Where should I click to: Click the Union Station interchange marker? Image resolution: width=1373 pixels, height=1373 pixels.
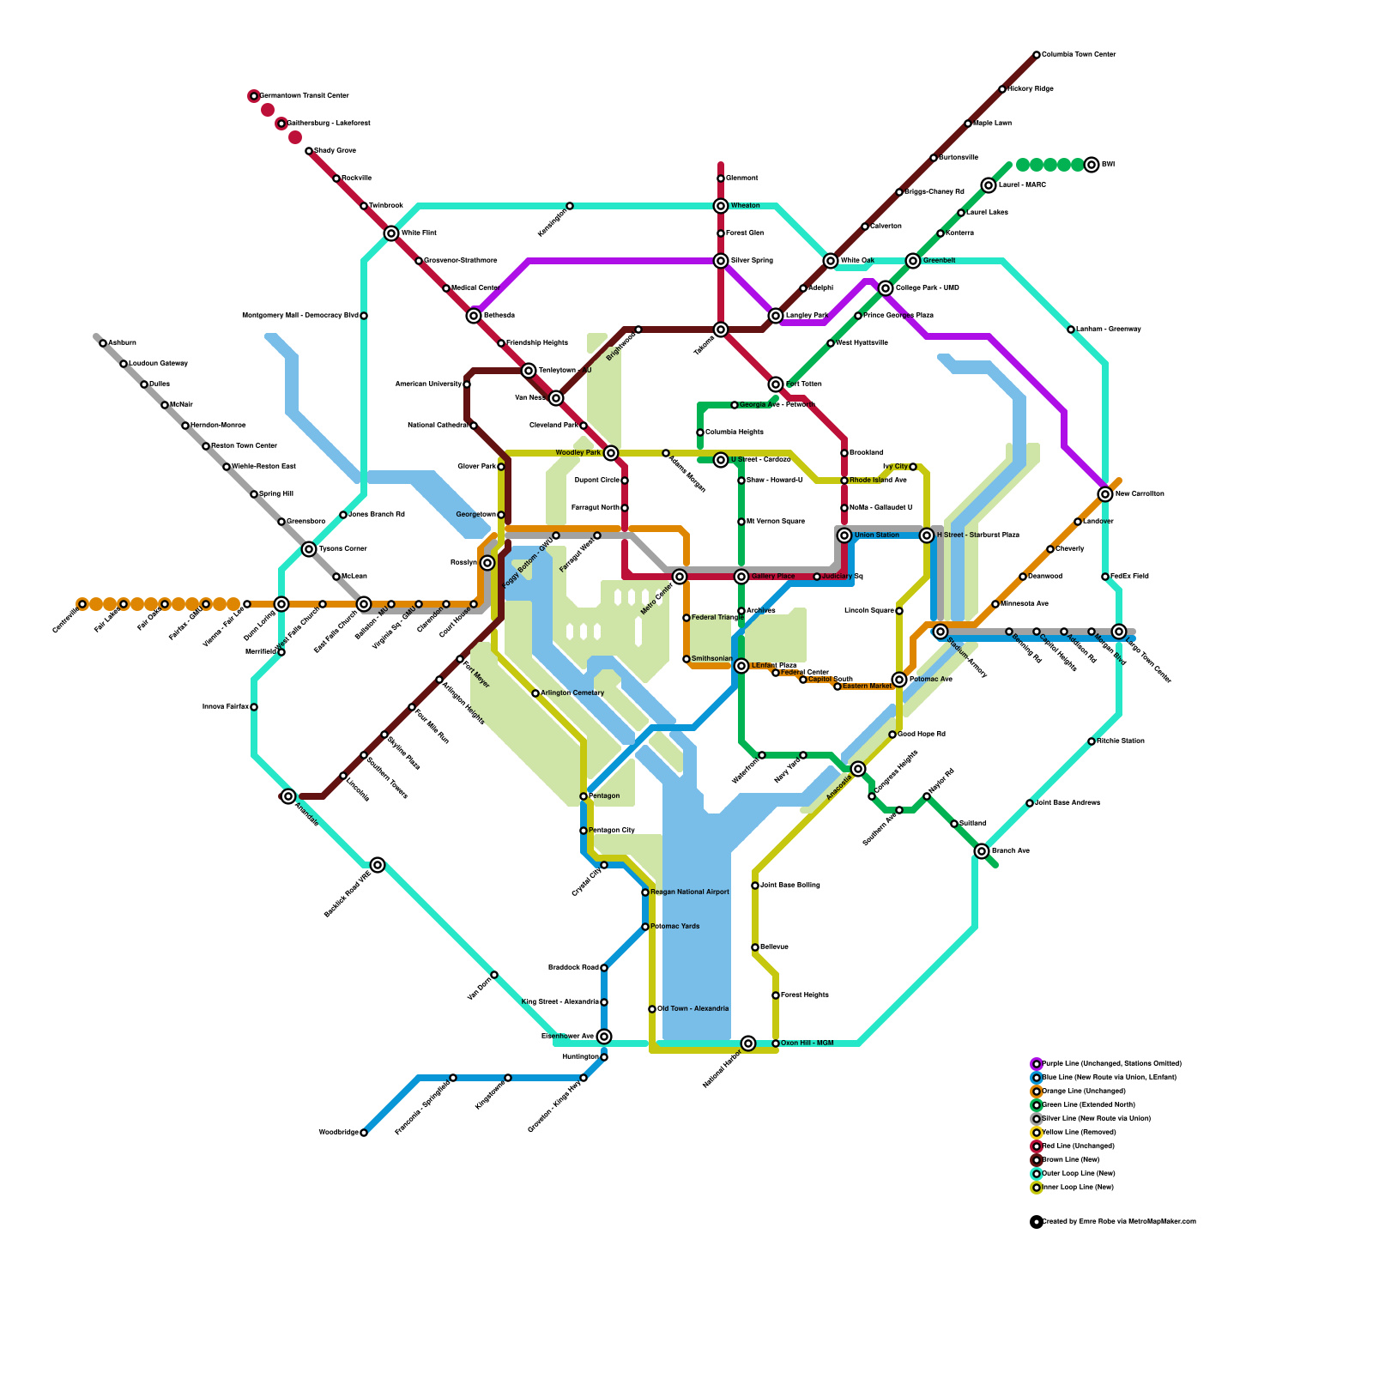point(844,535)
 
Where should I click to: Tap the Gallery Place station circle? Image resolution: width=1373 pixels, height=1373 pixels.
point(741,577)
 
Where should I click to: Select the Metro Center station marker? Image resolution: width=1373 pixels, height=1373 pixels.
point(680,577)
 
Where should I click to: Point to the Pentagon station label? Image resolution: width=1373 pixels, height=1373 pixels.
point(604,796)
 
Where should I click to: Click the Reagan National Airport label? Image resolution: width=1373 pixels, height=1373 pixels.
point(690,892)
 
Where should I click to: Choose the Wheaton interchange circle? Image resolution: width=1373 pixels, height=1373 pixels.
point(721,206)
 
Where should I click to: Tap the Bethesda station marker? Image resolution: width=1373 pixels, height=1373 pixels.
point(474,316)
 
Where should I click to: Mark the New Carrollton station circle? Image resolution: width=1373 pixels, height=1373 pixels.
point(1105,494)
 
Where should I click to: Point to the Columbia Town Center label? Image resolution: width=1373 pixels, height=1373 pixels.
point(1079,55)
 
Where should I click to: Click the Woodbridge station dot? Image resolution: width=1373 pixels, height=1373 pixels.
point(364,1133)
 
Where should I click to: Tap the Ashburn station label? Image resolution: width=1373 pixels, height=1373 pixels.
point(122,343)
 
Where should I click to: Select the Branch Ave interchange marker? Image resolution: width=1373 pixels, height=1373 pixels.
point(982,851)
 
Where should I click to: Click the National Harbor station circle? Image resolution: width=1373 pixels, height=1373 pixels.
point(748,1043)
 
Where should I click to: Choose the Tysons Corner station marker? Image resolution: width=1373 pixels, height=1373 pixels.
point(309,549)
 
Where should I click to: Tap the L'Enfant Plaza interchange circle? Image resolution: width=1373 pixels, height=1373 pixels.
point(741,666)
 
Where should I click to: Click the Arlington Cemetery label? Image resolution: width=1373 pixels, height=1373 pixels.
point(572,693)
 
